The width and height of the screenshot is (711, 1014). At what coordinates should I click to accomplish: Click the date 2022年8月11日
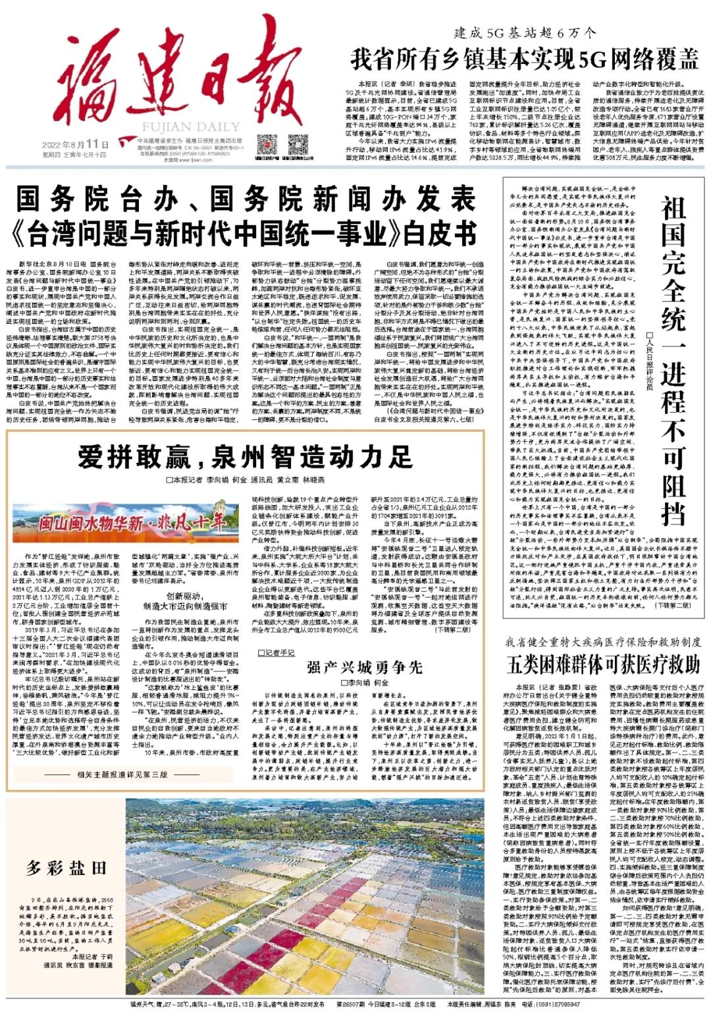click(76, 144)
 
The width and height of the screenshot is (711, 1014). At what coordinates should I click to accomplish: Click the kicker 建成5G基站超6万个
click(525, 33)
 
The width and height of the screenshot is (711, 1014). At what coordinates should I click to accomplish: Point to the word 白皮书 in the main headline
click(440, 232)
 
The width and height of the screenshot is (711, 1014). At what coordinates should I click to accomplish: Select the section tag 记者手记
click(276, 653)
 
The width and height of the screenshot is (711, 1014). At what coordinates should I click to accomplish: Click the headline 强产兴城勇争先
click(364, 668)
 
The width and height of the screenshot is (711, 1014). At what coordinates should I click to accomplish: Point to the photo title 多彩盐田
click(65, 868)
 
